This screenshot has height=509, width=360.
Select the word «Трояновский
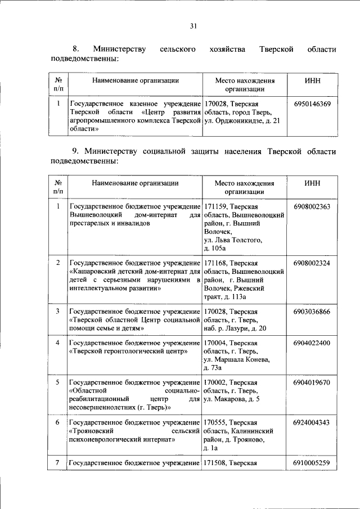(x=92, y=431)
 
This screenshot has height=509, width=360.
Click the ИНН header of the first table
(x=312, y=80)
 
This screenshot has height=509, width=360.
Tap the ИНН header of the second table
(x=312, y=183)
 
